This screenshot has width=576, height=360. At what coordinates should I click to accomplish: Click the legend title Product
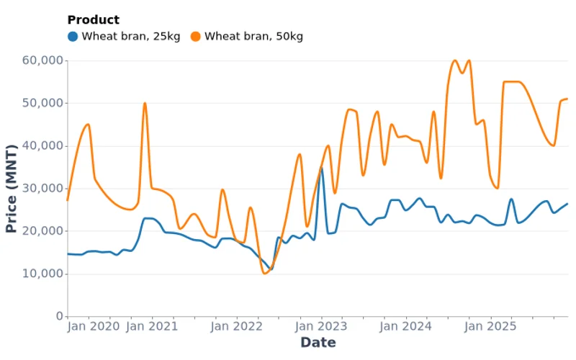93,20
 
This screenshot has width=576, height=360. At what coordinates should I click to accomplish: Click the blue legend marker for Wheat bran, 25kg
73,36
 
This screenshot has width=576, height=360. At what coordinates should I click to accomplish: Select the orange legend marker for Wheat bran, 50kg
195,36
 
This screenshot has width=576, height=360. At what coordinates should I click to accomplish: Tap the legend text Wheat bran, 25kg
130,36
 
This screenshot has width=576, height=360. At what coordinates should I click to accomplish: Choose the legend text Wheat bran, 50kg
253,36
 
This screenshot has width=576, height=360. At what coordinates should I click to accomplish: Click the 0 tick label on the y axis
58,317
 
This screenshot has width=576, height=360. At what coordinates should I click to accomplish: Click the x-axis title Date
318,343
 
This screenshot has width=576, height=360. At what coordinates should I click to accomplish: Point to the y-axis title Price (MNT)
11,189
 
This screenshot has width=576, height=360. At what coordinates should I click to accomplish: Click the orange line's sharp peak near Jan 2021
145,103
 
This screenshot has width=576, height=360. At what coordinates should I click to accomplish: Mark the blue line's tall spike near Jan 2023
321,168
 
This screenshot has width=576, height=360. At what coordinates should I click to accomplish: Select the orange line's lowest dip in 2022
264,273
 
